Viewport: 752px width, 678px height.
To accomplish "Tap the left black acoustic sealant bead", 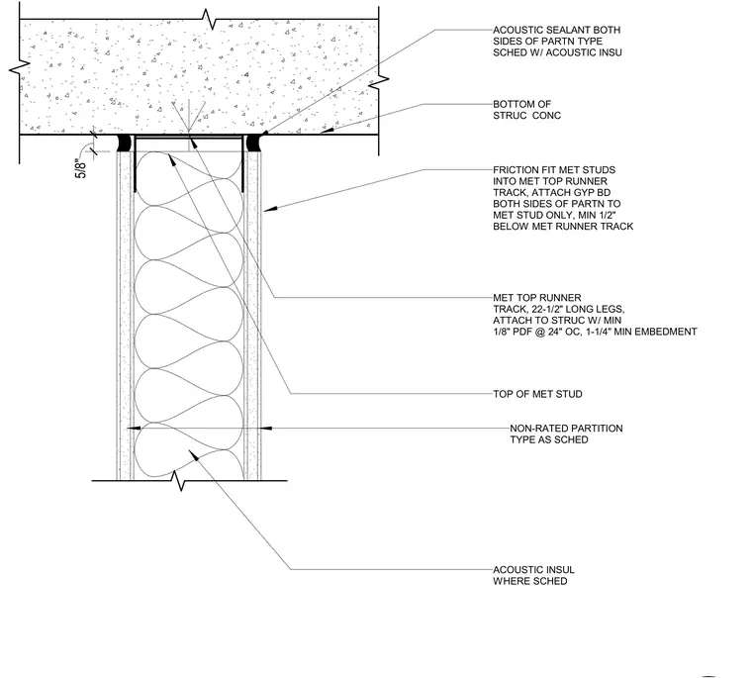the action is click(x=124, y=143).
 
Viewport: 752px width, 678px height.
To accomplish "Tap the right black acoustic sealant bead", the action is click(x=252, y=143).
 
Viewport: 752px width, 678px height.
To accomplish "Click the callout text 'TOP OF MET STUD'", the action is click(x=537, y=394).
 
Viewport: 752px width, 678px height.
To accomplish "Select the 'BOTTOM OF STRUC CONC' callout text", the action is click(x=526, y=110).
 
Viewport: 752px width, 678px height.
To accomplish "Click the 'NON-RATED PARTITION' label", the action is click(x=566, y=428).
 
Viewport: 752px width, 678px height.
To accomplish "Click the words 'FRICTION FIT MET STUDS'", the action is click(x=554, y=170).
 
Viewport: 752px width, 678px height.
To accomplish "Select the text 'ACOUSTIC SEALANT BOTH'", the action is click(x=557, y=30).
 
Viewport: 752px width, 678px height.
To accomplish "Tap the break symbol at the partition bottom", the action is click(x=179, y=480).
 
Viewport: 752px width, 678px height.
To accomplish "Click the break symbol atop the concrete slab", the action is click(x=208, y=19).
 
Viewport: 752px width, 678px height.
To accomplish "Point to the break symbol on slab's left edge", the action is click(x=20, y=68).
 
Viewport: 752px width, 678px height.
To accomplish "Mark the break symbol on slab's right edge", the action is click(x=379, y=81).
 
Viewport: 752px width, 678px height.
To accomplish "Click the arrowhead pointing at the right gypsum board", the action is click(x=270, y=209).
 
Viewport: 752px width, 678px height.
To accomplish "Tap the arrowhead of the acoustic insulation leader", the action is click(x=193, y=454).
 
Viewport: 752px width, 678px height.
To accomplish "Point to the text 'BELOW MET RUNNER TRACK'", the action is click(x=563, y=226).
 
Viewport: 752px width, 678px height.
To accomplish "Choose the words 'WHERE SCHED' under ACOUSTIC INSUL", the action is click(x=530, y=581).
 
